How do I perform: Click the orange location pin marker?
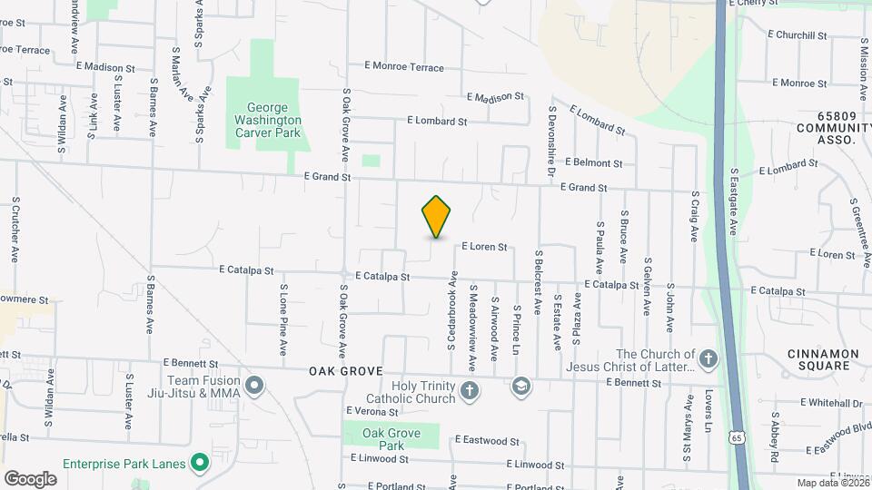point(437,217)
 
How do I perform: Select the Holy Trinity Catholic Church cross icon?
point(469,390)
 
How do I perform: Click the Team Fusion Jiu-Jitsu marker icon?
point(255,387)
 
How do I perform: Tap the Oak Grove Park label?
point(391,439)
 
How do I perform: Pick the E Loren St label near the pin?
point(483,246)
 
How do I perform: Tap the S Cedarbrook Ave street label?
point(451,311)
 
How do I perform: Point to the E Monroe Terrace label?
point(404,67)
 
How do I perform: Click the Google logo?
point(30,478)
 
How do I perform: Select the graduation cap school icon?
point(520,387)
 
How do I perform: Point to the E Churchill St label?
point(797,35)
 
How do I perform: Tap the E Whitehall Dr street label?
point(831,402)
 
